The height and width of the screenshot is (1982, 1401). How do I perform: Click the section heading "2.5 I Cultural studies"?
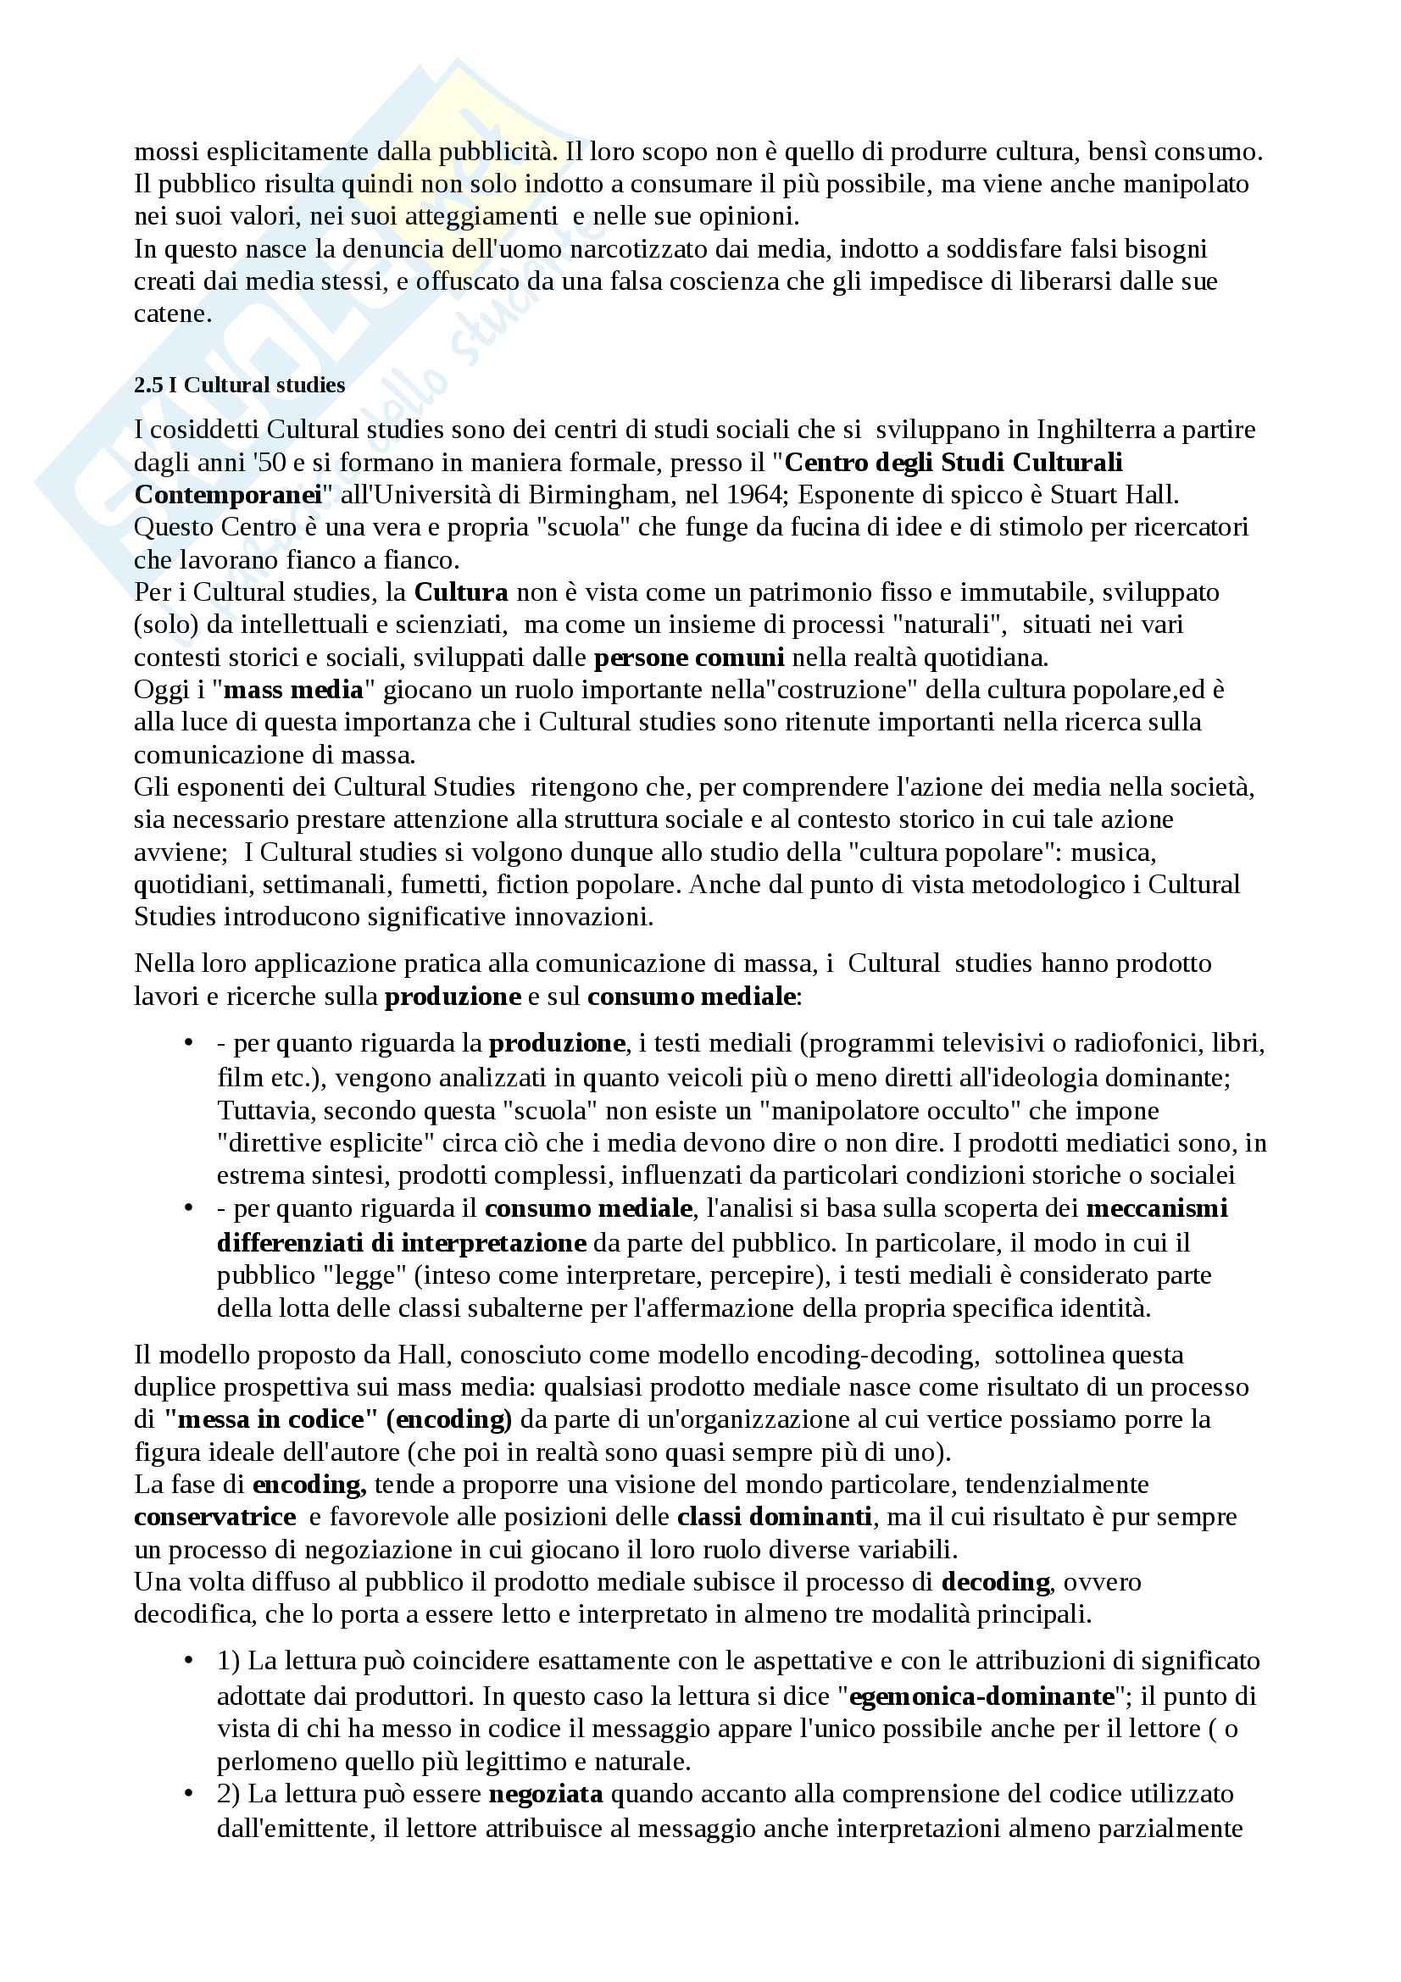point(239,385)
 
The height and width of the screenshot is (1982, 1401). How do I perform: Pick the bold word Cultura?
point(461,592)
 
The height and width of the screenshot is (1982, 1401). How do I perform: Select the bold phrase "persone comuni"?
point(689,658)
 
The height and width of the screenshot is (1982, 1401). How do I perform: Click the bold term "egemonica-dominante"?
point(982,1697)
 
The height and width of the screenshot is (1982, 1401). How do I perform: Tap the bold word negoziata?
point(546,1794)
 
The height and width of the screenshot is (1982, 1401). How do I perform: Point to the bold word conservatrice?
point(215,1516)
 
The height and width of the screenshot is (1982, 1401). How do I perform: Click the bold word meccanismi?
point(1157,1208)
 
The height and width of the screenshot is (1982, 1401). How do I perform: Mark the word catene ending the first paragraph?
point(172,314)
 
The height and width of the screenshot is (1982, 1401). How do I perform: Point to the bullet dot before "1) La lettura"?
point(188,1663)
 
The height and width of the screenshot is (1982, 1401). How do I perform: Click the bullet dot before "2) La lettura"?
point(188,1794)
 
